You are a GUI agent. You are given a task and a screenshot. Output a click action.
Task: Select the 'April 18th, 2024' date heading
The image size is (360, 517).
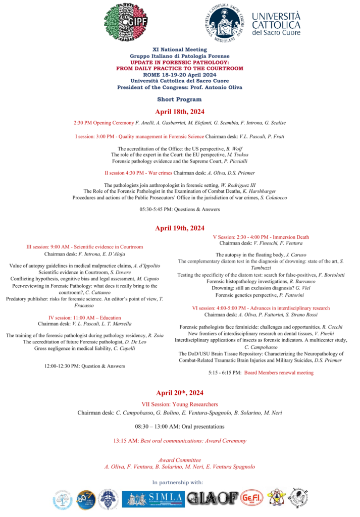point(180,112)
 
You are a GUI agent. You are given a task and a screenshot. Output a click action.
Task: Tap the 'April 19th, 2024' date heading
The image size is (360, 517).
point(180,228)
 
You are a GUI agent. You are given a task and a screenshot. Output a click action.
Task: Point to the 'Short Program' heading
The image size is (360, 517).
point(180,99)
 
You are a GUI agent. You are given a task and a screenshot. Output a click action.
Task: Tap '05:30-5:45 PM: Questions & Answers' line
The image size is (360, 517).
point(180,210)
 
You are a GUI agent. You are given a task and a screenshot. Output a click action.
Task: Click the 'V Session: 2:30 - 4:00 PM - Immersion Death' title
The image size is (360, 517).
point(261,237)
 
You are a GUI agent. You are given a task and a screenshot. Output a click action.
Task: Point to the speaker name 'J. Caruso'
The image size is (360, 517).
point(295,255)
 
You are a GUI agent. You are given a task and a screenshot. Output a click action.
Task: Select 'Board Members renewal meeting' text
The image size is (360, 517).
point(279,373)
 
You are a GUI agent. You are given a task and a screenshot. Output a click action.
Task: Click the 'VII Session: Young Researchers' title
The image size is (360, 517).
point(180,404)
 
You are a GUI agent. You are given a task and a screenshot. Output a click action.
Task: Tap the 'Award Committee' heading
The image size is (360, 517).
point(180,460)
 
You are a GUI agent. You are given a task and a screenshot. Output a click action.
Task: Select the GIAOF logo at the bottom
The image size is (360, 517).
point(212,499)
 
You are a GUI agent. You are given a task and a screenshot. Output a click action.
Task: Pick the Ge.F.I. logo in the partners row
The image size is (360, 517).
point(251,498)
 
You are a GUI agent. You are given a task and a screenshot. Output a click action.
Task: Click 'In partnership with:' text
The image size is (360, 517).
point(180,483)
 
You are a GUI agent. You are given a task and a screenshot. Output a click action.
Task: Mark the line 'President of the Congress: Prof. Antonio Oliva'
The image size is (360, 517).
point(180,87)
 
